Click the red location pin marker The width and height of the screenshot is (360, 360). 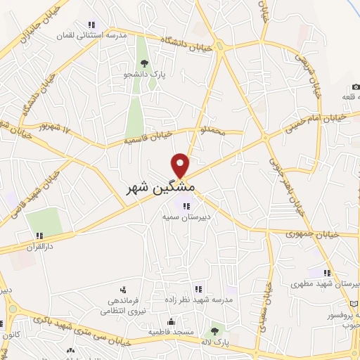click(181, 165)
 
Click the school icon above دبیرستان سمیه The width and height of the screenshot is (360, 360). click(186, 206)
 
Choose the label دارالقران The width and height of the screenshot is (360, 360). click(40, 247)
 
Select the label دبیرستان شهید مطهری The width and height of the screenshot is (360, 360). click(321, 285)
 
